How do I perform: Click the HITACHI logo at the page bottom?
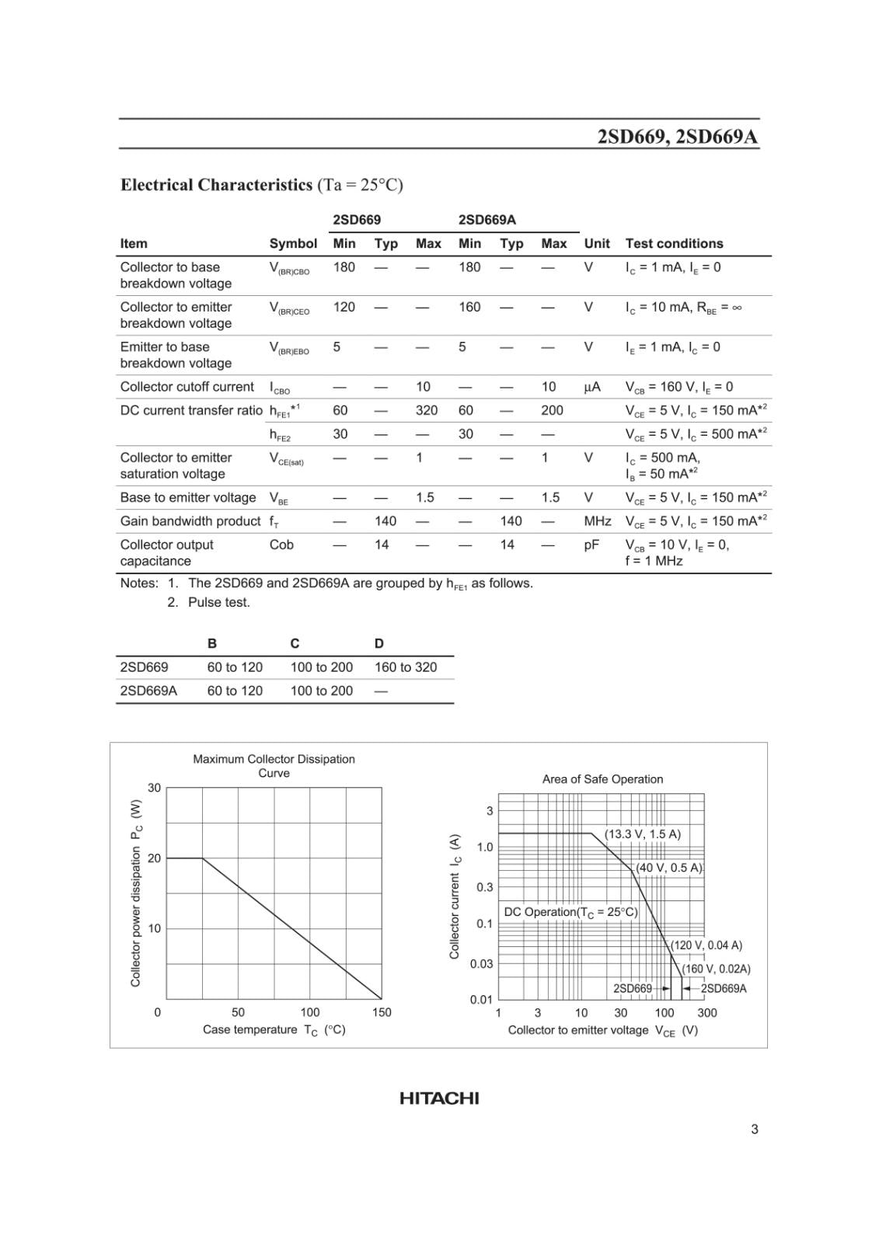click(x=439, y=1098)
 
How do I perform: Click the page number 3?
click(x=754, y=1129)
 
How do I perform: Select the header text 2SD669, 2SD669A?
click(x=678, y=137)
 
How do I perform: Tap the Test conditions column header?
click(x=674, y=243)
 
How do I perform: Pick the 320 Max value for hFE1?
click(x=426, y=410)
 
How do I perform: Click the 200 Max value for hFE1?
click(x=552, y=410)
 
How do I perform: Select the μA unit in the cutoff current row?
click(x=591, y=387)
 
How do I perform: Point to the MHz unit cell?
click(x=597, y=521)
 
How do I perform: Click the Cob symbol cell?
click(x=281, y=545)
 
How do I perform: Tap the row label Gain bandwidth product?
click(x=190, y=521)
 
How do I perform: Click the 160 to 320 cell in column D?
click(x=406, y=667)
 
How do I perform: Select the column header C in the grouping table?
click(x=295, y=643)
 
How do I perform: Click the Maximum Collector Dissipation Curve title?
click(x=274, y=765)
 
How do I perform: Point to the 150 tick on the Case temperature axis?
click(x=382, y=1012)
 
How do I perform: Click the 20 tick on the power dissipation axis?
click(x=155, y=858)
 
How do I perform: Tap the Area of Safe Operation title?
click(x=602, y=779)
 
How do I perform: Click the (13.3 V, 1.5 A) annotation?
click(x=642, y=834)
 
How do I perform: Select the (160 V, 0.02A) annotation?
click(x=716, y=969)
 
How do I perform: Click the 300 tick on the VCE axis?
click(x=706, y=1013)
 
